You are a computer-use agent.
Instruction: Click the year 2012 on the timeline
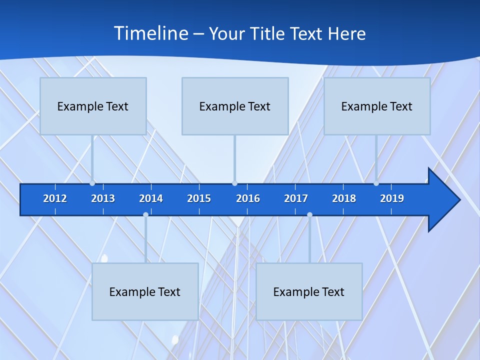[55, 198]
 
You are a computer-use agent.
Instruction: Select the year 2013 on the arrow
[103, 198]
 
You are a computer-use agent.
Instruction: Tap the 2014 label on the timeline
[151, 198]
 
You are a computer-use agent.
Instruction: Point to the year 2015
[199, 198]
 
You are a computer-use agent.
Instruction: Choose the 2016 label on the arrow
[248, 198]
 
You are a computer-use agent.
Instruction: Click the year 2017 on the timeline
[296, 198]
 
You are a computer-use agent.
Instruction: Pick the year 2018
[344, 198]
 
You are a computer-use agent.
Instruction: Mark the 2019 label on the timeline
[392, 198]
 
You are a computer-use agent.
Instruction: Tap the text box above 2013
[93, 106]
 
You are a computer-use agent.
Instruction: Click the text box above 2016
[235, 106]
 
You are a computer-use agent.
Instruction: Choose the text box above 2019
[377, 106]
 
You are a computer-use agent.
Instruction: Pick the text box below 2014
[145, 291]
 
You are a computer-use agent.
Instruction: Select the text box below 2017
[309, 291]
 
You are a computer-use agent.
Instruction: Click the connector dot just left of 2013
[92, 183]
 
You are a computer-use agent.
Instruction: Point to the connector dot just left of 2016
[234, 183]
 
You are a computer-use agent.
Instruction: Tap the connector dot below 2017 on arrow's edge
[309, 215]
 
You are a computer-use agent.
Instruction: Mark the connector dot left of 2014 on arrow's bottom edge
[145, 215]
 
